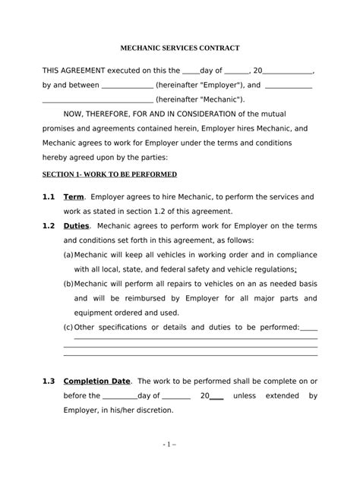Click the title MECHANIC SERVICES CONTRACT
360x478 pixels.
point(180,48)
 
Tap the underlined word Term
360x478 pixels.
point(74,197)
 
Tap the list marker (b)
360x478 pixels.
point(68,283)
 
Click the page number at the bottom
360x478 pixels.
point(180,462)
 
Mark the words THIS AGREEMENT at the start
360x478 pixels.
point(70,70)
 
